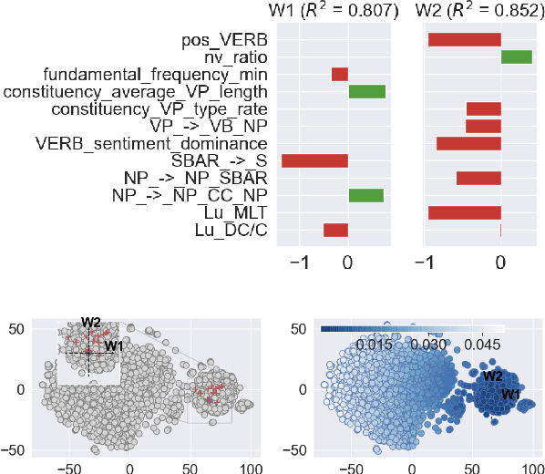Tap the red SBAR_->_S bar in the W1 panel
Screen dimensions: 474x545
[x=314, y=161]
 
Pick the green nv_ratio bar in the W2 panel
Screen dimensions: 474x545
[x=517, y=57]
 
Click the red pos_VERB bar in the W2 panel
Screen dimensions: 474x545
[x=465, y=39]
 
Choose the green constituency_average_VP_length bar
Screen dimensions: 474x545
[x=367, y=91]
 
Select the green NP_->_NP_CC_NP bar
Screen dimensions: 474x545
[x=366, y=195]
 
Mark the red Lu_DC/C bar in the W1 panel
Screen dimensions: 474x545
[x=336, y=230]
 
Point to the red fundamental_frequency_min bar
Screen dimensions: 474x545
[x=340, y=74]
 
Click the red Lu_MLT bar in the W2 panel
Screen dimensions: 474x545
[x=465, y=212]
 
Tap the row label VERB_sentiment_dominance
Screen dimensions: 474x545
[x=150, y=143]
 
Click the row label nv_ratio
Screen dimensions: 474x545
[x=232, y=57]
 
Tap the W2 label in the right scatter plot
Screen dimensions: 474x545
[x=493, y=376]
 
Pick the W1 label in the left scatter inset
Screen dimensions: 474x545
[x=113, y=345]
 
